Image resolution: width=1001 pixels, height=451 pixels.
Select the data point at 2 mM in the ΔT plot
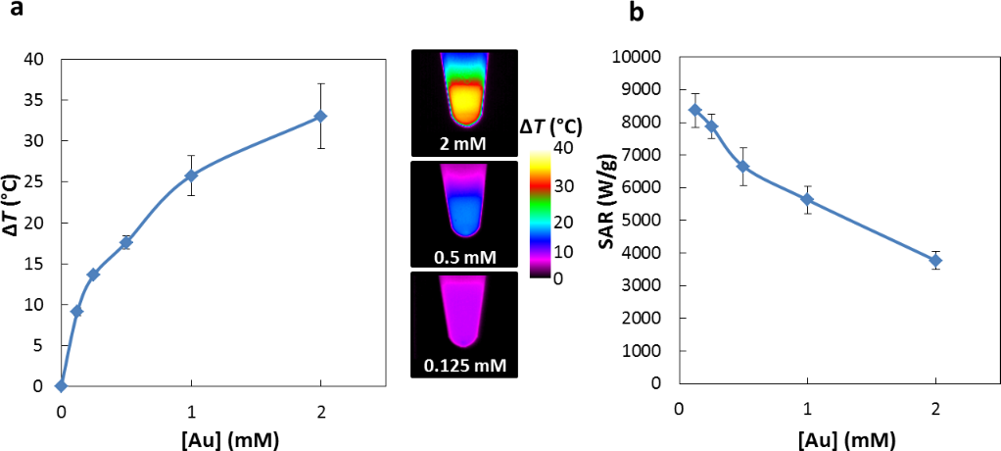click(320, 116)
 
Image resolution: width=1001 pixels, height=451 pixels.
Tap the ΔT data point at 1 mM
click(191, 175)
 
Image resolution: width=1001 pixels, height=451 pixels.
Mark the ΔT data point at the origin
click(62, 385)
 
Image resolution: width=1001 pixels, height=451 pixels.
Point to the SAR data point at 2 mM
click(935, 260)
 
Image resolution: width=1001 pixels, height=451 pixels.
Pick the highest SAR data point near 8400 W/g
click(694, 110)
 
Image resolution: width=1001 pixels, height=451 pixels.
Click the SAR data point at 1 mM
click(807, 199)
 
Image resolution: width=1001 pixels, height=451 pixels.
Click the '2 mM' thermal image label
click(463, 145)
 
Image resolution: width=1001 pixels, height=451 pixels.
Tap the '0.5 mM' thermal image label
click(463, 257)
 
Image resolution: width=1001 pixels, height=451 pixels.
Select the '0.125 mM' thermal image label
click(463, 368)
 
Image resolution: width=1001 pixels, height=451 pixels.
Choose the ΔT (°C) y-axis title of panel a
click(13, 222)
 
